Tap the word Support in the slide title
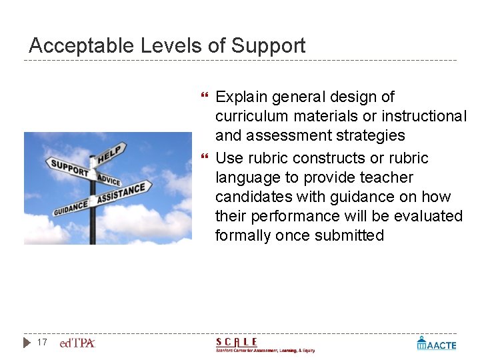(x=268, y=46)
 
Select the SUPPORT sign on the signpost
(x=69, y=167)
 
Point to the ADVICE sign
(x=109, y=179)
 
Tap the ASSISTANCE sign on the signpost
(x=122, y=193)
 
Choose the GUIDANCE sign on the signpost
(x=71, y=207)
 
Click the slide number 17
(x=42, y=343)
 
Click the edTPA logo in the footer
(x=77, y=343)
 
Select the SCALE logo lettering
(x=237, y=342)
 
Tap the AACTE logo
(x=437, y=343)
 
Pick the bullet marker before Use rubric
(x=204, y=159)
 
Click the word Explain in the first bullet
(x=241, y=97)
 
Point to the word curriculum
(x=250, y=117)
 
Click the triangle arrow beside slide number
(x=27, y=343)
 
